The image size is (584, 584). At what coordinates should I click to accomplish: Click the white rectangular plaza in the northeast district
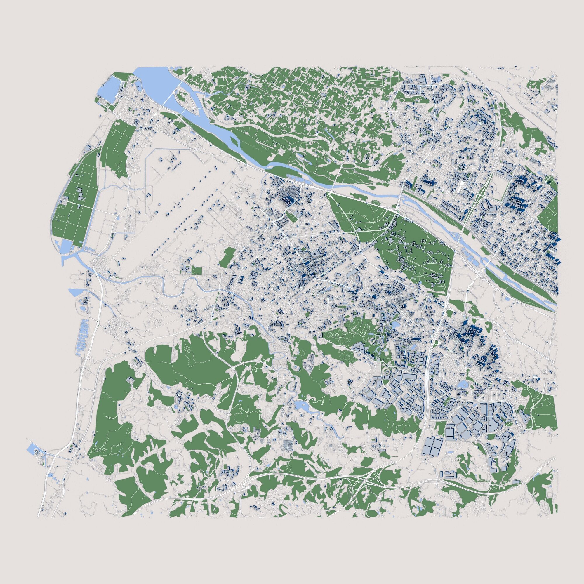click(460, 187)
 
